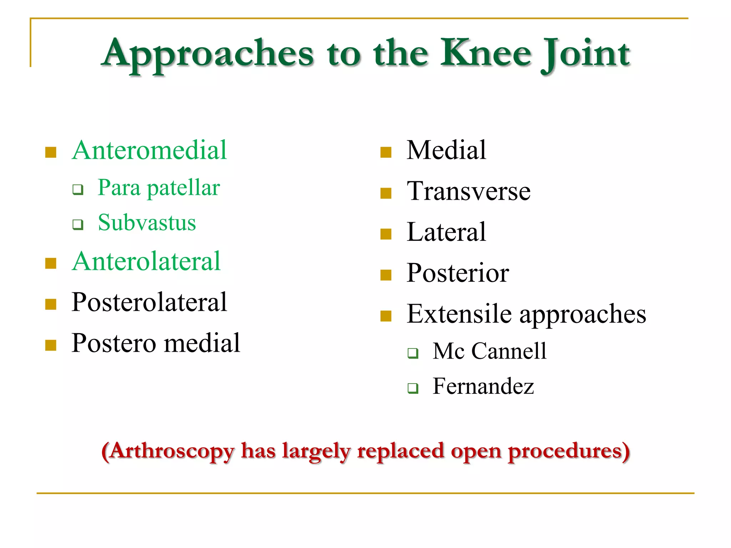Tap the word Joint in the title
pos(585,54)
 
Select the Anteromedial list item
pos(149,150)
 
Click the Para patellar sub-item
pos(159,188)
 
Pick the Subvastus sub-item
pos(147,223)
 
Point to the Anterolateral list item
pos(146,262)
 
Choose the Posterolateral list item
pos(149,302)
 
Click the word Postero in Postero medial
pos(114,343)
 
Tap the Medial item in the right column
pos(446,150)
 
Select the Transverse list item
pos(468,191)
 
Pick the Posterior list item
pos(458,273)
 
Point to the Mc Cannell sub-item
pos(489,351)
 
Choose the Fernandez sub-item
pos(483,386)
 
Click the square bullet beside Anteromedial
pos(51,152)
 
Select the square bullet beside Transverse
pos(386,193)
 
